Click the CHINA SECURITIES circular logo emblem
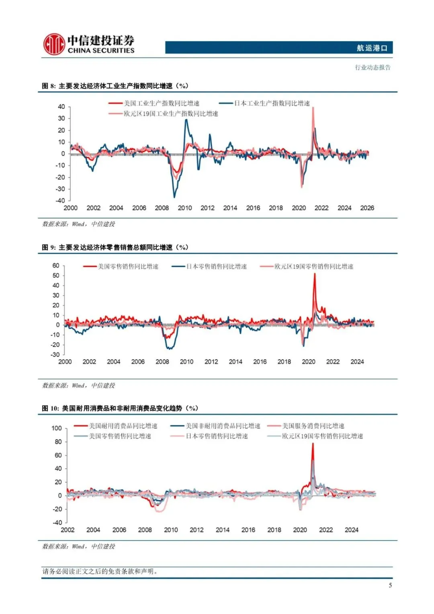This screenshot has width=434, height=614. click(54, 44)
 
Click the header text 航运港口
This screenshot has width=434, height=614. click(372, 48)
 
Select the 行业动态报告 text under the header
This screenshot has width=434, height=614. click(373, 68)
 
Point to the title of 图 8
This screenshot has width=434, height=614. click(115, 86)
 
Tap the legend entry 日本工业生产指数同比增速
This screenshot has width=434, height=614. click(272, 103)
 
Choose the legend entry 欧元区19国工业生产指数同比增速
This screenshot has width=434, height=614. click(171, 114)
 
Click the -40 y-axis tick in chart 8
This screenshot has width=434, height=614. click(61, 200)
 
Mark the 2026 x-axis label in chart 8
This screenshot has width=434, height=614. click(367, 208)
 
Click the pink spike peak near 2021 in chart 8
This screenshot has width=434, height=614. click(313, 108)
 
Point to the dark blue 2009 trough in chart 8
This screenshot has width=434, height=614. click(174, 197)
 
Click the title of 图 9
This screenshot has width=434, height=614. click(115, 247)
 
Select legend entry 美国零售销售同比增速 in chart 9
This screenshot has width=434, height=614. click(128, 267)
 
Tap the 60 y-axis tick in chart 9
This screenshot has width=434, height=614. click(56, 265)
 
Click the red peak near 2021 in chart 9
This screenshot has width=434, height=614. click(315, 274)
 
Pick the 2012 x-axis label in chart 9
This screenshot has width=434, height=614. click(211, 361)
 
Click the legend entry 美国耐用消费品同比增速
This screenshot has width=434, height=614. click(123, 426)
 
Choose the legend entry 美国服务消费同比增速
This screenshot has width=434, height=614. click(313, 426)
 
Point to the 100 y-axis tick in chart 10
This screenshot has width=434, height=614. click(57, 428)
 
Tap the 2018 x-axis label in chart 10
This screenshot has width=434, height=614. click(274, 530)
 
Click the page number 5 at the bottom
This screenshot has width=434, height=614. click(390, 585)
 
